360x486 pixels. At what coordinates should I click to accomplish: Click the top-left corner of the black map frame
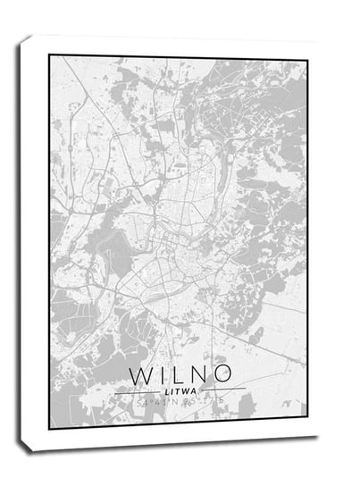50,56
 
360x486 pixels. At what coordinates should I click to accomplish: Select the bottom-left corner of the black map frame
50,427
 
